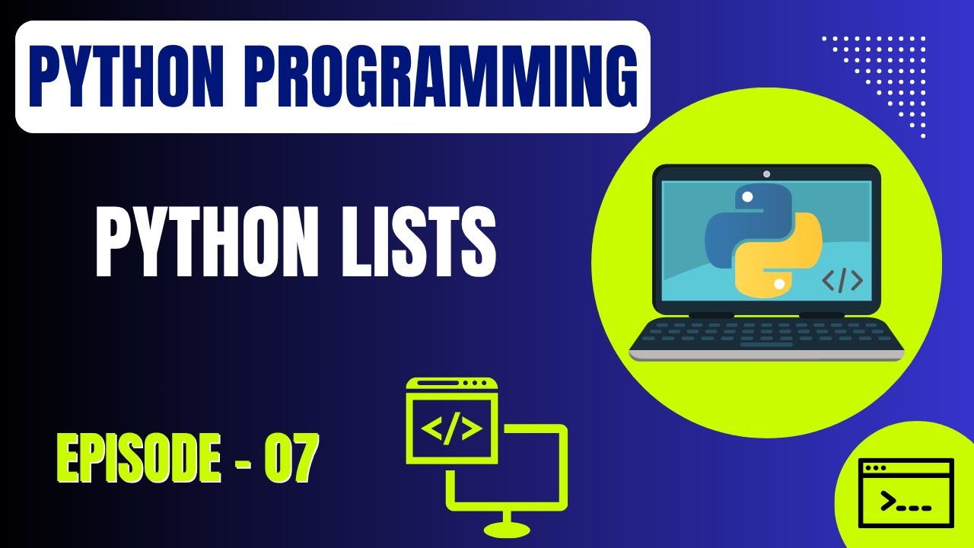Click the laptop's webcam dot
pos(766,174)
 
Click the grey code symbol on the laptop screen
pos(842,281)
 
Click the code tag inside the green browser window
pos(451,429)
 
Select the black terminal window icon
pos(906,492)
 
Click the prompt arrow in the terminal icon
pos(886,500)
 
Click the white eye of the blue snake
pos(747,197)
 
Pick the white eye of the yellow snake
pos(778,284)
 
